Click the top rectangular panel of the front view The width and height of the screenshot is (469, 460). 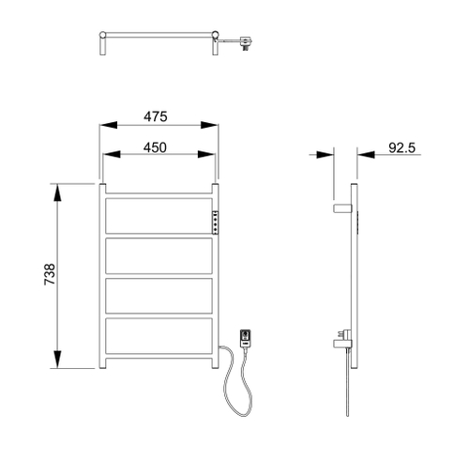[x=159, y=216]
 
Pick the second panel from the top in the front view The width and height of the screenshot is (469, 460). [x=159, y=256]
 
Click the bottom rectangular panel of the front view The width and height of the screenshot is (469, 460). [x=159, y=337]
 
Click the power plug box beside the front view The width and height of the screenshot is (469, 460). [x=246, y=335]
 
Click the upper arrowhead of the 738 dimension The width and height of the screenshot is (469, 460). [x=59, y=191]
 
